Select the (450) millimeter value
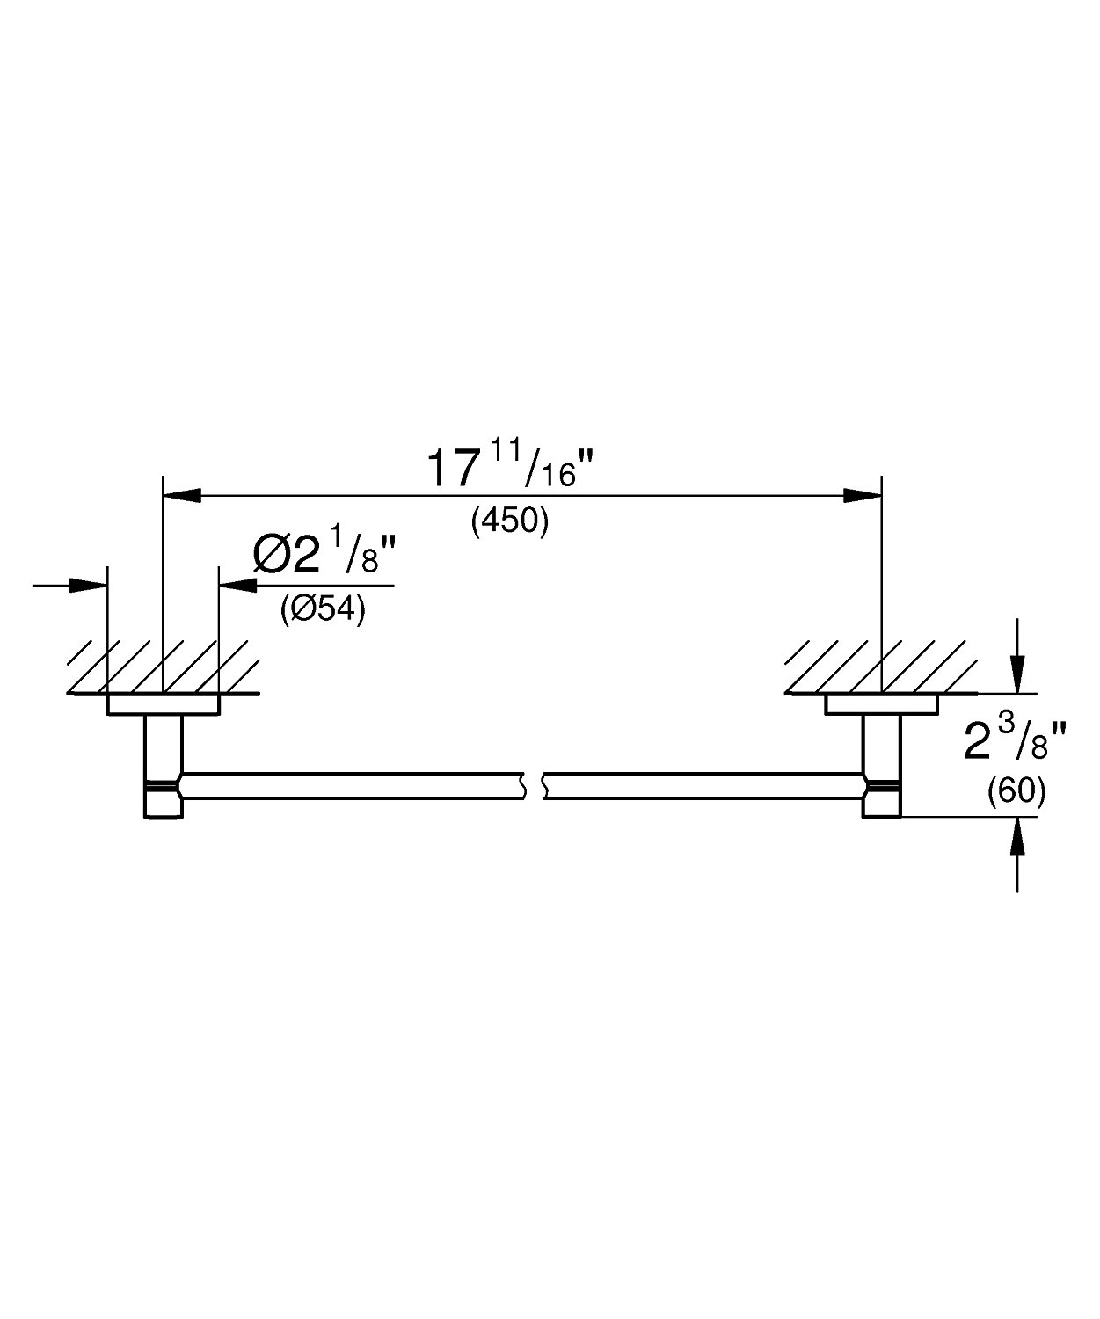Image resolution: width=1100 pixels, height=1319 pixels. coord(510,521)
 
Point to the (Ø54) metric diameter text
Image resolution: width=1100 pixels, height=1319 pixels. coord(322,608)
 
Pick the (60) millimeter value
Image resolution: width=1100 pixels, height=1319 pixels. coord(1016,792)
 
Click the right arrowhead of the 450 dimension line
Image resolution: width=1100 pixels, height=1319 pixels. coord(862,496)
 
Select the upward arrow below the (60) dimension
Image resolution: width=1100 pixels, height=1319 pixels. coord(1017,836)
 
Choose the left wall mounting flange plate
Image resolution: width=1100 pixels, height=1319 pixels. coord(163,704)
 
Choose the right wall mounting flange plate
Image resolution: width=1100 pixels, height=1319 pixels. coord(881,704)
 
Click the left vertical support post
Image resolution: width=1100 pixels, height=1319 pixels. coord(164,765)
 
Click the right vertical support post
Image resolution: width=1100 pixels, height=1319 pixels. coord(881,765)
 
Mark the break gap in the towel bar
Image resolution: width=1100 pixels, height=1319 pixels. coord(535,786)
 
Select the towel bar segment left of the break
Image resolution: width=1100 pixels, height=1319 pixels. coord(352,786)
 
